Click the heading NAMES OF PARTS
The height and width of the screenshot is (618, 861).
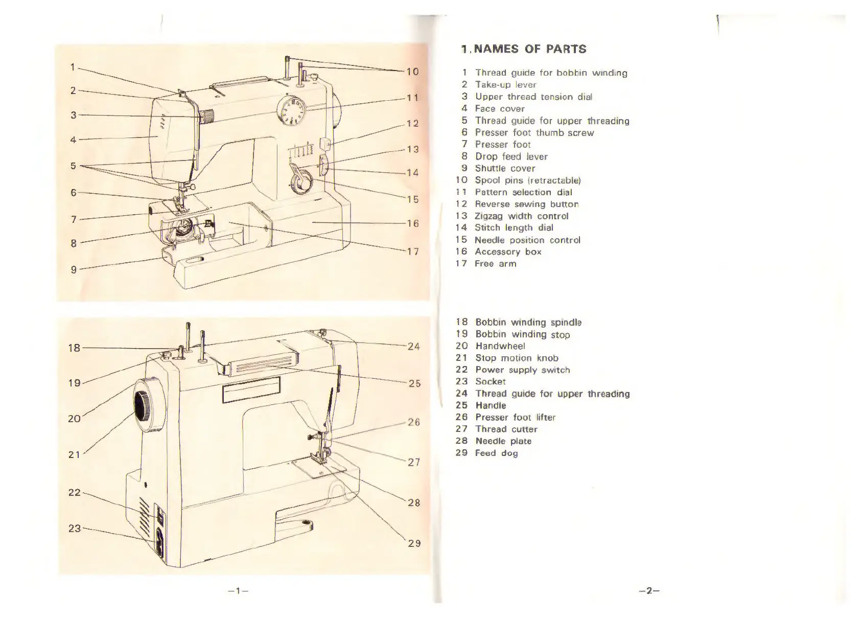[523, 50]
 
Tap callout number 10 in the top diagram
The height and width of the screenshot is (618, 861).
[412, 72]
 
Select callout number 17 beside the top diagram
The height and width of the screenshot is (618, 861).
[413, 251]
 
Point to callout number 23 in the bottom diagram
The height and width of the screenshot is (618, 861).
[75, 528]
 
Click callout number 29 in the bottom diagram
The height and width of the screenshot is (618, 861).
[414, 543]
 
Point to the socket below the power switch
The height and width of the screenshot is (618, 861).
[159, 543]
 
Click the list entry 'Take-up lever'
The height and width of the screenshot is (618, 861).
[505, 85]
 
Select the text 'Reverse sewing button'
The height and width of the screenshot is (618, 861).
[526, 204]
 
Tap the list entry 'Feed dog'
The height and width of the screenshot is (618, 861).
[496, 453]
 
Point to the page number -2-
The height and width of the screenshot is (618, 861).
[649, 591]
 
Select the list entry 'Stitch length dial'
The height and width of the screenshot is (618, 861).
[514, 228]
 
